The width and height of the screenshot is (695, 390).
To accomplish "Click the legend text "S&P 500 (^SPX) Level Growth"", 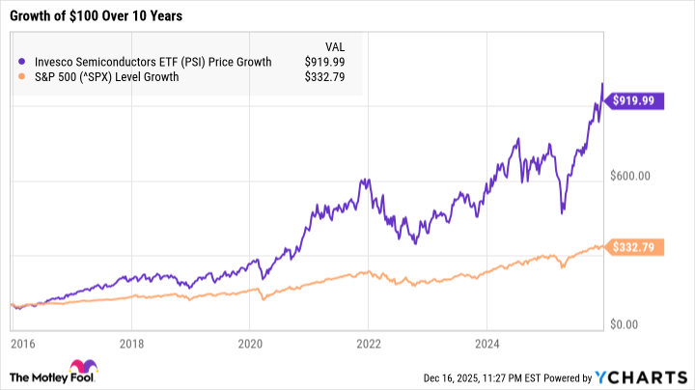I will click(x=107, y=77).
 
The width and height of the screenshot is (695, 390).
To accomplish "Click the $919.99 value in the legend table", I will click(x=325, y=62).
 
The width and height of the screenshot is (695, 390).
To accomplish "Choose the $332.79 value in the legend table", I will click(x=325, y=77).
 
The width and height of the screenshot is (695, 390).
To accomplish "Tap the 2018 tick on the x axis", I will click(x=133, y=343).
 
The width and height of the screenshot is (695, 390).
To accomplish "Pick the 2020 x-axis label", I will click(x=251, y=343).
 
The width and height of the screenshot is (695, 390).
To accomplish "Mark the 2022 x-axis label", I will click(x=369, y=343).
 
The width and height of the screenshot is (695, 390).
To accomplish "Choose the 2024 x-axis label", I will click(x=486, y=343).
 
